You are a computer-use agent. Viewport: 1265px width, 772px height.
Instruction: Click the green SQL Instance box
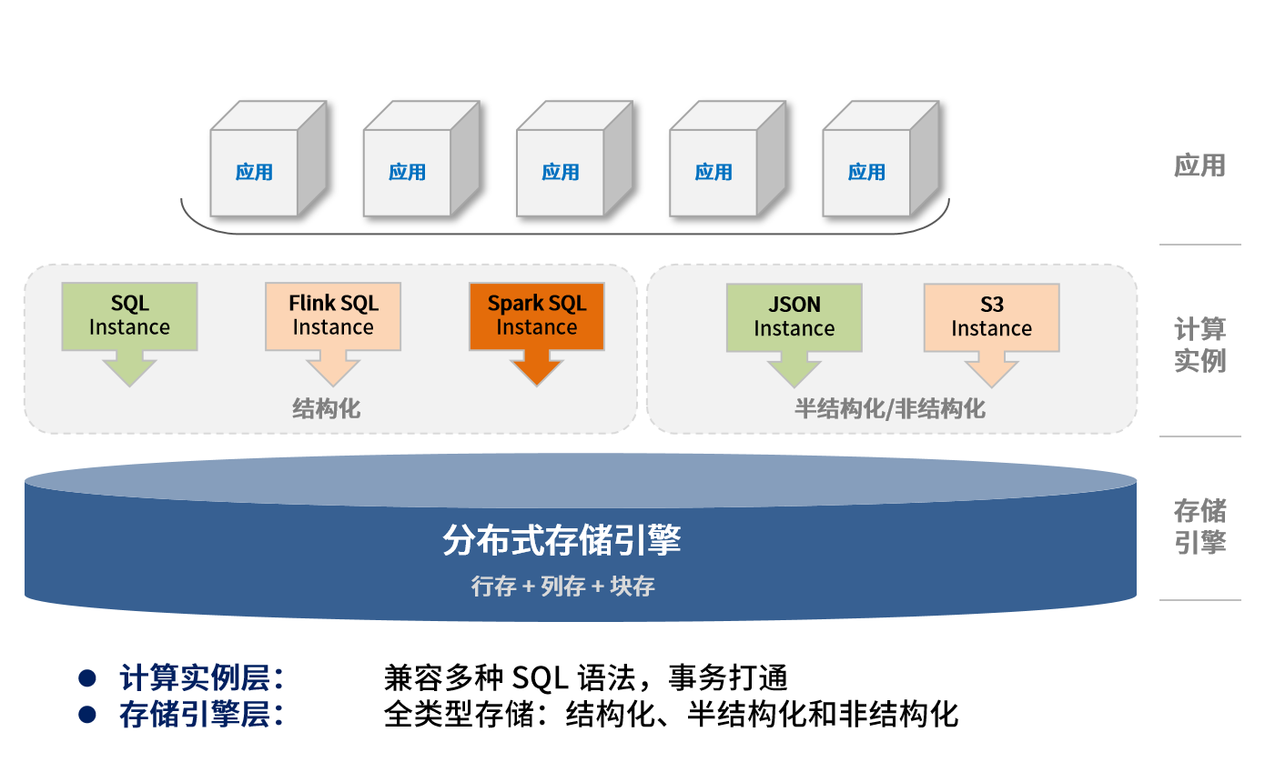129,316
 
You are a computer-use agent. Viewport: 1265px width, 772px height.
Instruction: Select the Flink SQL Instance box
333,316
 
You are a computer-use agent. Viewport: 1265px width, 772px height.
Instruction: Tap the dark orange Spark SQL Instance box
537,316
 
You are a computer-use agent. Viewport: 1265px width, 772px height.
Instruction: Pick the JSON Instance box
794,317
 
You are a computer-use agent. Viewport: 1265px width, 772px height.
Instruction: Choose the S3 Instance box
991,317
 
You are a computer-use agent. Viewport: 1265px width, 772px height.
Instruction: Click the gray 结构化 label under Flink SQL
326,409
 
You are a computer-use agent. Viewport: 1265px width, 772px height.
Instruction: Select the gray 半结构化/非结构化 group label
889,409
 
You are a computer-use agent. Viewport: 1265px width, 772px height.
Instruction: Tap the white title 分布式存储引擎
562,540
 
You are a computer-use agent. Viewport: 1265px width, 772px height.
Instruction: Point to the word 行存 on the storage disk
493,587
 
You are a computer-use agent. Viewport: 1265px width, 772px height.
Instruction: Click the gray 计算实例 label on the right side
1199,345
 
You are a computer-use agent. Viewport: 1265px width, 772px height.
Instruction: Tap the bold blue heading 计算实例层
201,678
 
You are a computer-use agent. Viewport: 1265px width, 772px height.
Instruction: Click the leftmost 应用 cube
254,172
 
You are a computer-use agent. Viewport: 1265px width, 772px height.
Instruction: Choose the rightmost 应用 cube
866,172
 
